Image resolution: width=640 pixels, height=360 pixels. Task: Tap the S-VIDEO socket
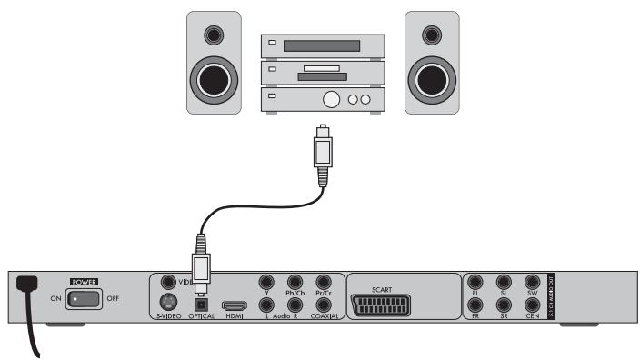tap(167, 304)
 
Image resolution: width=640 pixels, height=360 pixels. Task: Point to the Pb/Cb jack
tap(295, 284)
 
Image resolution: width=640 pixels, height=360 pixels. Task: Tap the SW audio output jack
tap(533, 284)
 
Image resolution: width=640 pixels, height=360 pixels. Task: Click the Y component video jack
tap(266, 284)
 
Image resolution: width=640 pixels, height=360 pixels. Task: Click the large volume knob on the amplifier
tap(333, 99)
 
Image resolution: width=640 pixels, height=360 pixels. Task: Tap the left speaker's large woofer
tap(215, 76)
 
